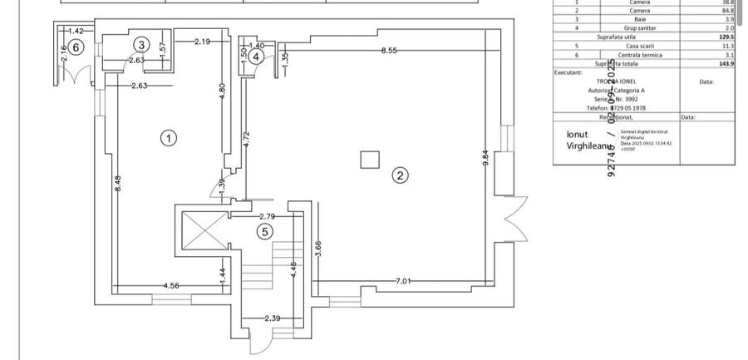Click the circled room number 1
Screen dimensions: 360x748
coord(169,138)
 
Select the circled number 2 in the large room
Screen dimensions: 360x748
coord(401,175)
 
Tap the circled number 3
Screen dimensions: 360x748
coord(141,44)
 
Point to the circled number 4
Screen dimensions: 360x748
coord(257,57)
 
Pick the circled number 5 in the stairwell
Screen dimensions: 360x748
coord(264,232)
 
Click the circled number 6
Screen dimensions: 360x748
coord(76,47)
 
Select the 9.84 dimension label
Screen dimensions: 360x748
coord(485,158)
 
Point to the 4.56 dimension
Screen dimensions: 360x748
coord(171,285)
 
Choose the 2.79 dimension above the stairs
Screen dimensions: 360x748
coord(267,216)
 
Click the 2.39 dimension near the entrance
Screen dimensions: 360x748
coord(272,318)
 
